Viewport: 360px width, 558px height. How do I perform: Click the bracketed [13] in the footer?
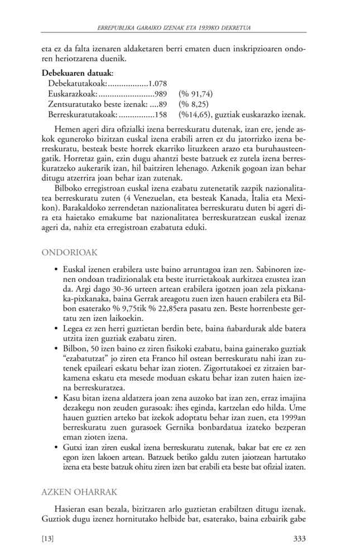49,538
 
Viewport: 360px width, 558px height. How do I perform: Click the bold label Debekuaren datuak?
78,73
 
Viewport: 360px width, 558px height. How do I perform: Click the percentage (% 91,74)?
195,94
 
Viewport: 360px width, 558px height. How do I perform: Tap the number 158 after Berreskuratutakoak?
161,115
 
